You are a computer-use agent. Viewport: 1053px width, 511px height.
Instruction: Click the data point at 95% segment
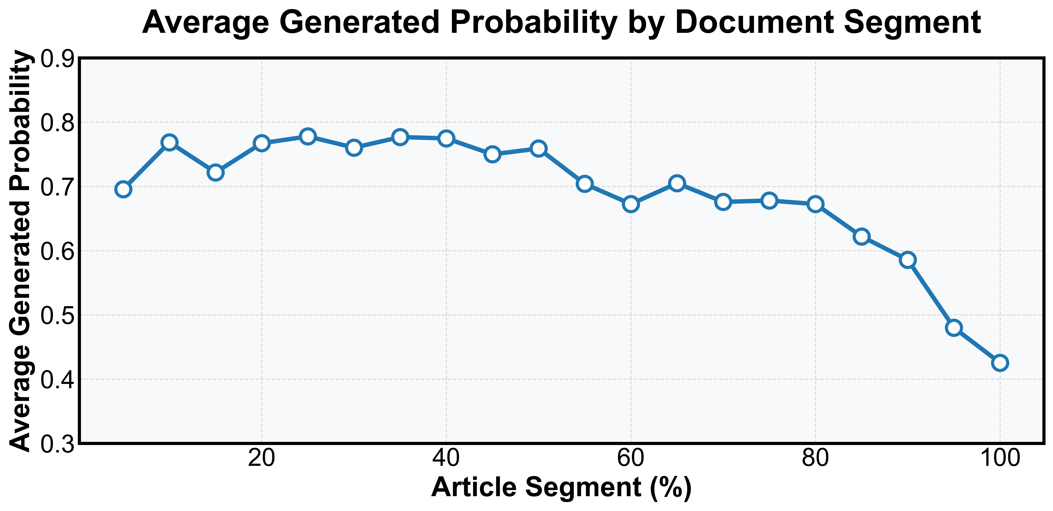pyautogui.click(x=954, y=328)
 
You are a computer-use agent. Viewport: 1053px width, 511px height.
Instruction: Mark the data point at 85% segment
pyautogui.click(x=861, y=236)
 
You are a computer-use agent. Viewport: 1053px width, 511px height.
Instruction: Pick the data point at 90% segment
pyautogui.click(x=907, y=260)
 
